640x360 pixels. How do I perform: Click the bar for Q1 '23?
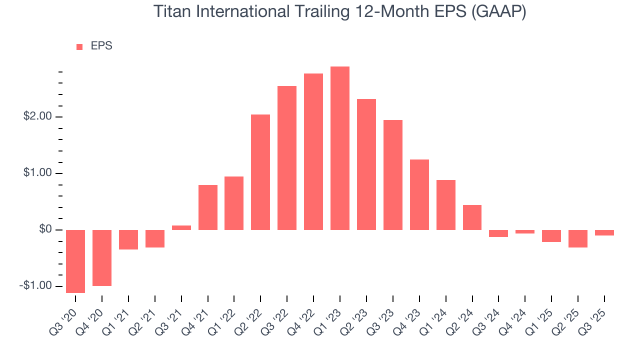(340, 148)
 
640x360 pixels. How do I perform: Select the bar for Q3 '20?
(75, 261)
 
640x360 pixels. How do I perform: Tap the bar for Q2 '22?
(260, 172)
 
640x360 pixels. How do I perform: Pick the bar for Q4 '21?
(208, 207)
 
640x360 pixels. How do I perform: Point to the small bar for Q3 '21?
(181, 227)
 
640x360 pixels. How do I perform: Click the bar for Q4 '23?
(419, 194)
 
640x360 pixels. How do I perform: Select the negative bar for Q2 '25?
(578, 238)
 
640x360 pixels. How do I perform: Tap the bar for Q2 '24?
(472, 217)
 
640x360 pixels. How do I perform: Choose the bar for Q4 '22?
(313, 151)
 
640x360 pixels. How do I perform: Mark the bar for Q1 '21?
(128, 239)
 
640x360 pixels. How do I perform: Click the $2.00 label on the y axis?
(37, 116)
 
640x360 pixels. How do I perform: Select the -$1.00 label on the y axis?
(35, 286)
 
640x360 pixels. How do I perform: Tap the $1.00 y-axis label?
(37, 173)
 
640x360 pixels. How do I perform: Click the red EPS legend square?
(79, 47)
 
